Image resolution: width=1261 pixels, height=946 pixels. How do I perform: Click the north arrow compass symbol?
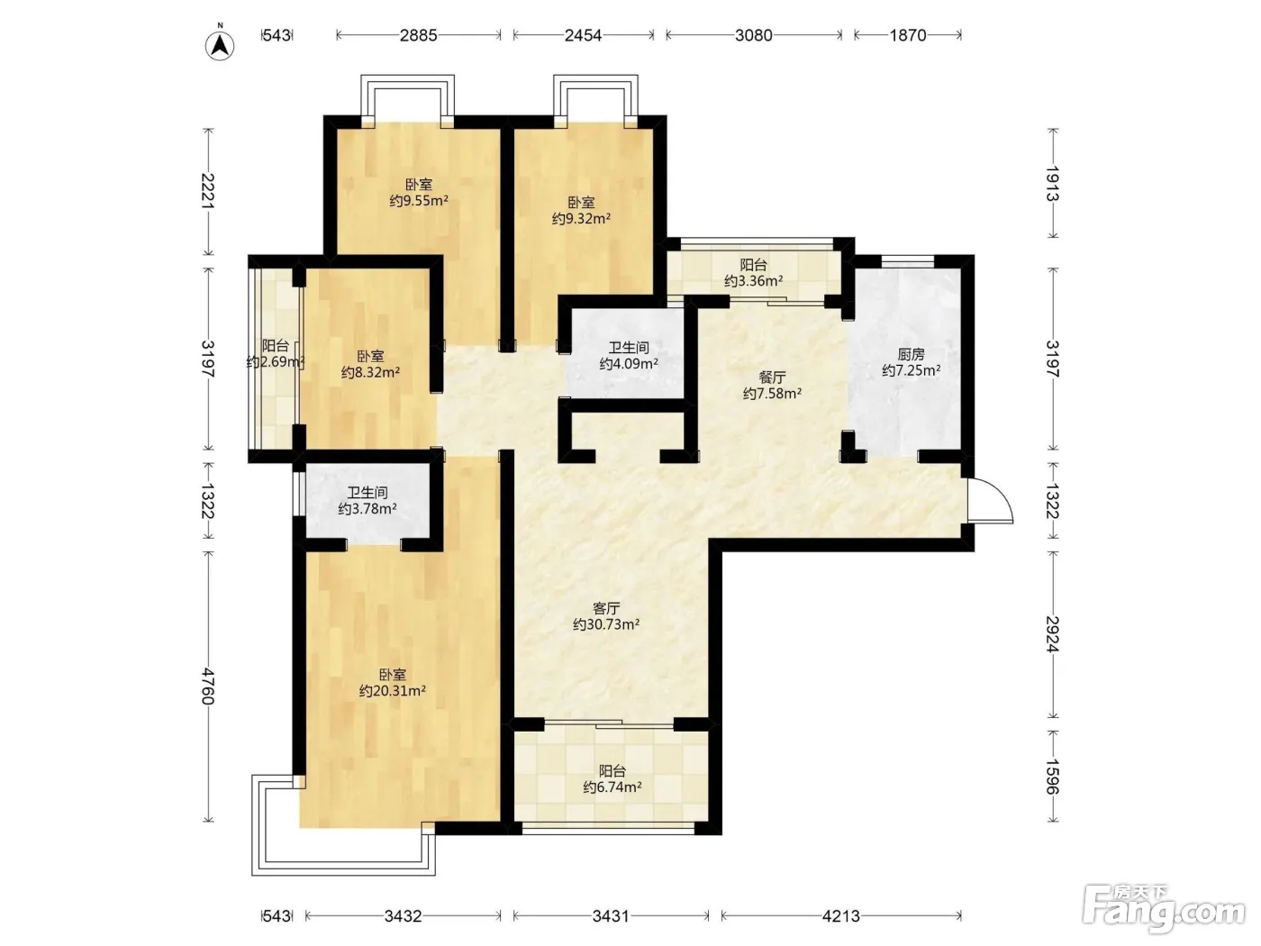[x=220, y=43]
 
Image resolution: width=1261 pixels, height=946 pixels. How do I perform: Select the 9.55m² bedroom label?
[x=419, y=193]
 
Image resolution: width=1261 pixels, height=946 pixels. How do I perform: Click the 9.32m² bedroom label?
[x=581, y=210]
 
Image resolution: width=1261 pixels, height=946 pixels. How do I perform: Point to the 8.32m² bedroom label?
[x=370, y=364]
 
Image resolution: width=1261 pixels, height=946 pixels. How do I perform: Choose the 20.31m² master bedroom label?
[x=393, y=682]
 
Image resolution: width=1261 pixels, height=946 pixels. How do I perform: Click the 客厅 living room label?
[x=606, y=616]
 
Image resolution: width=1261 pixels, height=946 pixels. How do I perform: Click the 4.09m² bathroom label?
[x=629, y=356]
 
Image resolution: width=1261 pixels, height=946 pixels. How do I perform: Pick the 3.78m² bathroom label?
[x=367, y=500]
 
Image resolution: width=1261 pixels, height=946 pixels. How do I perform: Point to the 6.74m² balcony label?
[x=612, y=778]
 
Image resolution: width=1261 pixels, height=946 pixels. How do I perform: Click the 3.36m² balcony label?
[x=753, y=273]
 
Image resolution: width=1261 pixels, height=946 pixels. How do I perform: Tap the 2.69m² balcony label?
[x=276, y=353]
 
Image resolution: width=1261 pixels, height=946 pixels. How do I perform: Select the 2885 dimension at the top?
[x=418, y=36]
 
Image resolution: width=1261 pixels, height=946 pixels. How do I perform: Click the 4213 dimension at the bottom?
[x=841, y=915]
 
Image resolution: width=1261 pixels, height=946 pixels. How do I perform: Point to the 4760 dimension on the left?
[x=208, y=687]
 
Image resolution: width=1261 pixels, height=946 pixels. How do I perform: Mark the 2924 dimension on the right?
[x=1052, y=634]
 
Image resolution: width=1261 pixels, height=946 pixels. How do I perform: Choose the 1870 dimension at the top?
[x=908, y=36]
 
